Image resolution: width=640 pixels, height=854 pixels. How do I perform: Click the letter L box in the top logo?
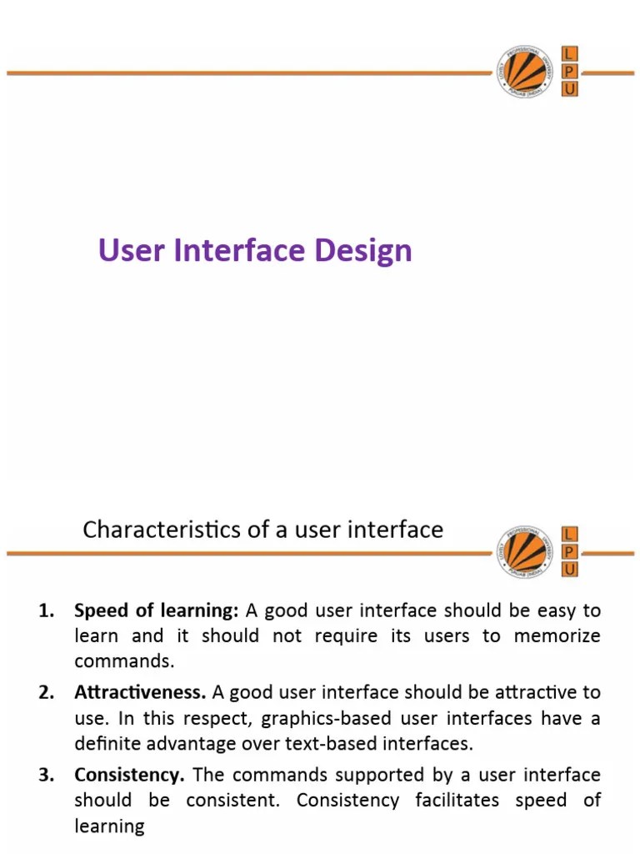(x=570, y=54)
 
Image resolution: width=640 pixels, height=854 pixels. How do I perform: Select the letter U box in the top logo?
(x=570, y=89)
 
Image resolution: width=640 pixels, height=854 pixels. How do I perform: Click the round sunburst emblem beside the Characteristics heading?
(x=523, y=551)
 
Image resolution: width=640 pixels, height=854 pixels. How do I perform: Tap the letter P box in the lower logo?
(x=570, y=551)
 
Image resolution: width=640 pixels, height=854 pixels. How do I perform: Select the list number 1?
(x=47, y=611)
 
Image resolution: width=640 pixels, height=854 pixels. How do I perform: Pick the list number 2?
(x=47, y=692)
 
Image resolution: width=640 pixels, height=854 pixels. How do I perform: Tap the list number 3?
(x=47, y=775)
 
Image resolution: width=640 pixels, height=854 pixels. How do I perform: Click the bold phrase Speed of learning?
(x=157, y=611)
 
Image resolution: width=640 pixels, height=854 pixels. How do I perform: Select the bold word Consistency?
(x=129, y=775)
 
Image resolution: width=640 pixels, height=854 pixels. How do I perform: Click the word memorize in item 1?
(x=557, y=636)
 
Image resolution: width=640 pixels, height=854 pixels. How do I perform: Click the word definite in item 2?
(x=105, y=743)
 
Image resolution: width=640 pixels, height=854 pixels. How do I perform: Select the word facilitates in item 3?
(x=457, y=801)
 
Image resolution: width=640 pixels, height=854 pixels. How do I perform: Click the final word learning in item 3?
(x=109, y=826)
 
